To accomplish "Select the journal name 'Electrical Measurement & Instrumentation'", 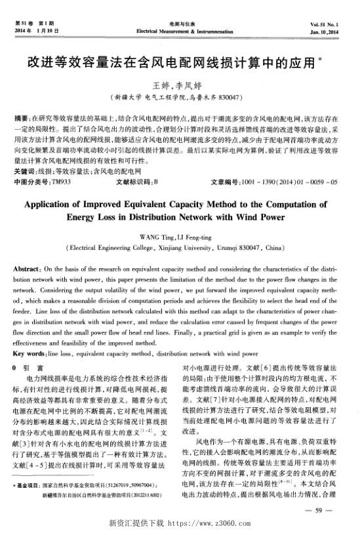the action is [x=182, y=31].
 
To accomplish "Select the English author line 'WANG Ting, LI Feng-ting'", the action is [x=179, y=235].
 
